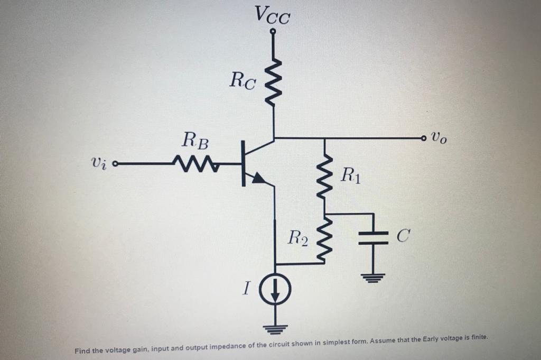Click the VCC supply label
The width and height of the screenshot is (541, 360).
272,15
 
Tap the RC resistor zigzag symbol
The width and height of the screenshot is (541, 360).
273,82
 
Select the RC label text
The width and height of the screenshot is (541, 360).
244,80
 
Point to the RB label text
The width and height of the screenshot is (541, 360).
195,141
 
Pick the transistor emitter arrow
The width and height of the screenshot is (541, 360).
258,179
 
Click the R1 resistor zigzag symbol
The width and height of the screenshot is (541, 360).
325,174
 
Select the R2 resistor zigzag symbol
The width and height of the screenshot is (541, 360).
325,238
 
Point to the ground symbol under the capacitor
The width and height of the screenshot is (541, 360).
373,276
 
